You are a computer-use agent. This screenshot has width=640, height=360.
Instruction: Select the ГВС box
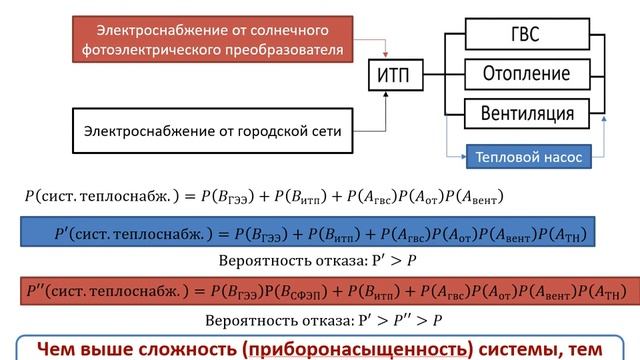click(526, 35)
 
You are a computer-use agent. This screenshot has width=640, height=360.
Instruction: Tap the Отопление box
click(526, 75)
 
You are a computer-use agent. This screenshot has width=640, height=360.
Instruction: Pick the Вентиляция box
click(526, 112)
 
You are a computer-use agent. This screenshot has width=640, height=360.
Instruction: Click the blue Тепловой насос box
click(527, 157)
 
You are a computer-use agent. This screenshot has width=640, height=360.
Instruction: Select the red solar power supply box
click(215, 37)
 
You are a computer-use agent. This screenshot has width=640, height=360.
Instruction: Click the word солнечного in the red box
click(283, 27)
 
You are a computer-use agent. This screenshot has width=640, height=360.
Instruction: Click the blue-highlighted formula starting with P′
click(319, 235)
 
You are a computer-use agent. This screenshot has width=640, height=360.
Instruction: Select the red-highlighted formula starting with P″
click(319, 292)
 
